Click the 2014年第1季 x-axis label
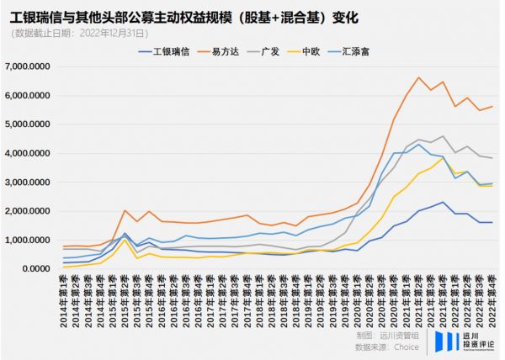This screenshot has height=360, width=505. pos(65,301)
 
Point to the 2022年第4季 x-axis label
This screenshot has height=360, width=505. pos(491,301)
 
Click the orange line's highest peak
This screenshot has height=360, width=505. pos(418,77)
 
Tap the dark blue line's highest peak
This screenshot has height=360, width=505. pos(443,202)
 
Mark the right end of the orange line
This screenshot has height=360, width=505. pos(492,107)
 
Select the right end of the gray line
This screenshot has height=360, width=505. pos(492,158)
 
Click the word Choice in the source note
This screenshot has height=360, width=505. pos(408,345)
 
